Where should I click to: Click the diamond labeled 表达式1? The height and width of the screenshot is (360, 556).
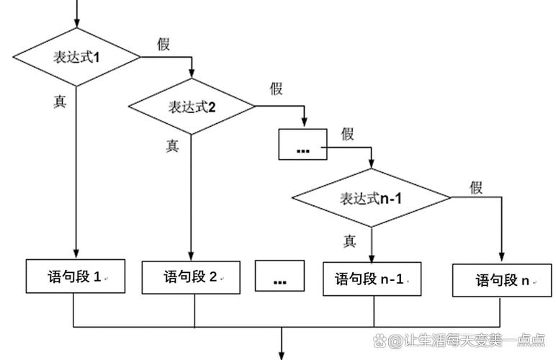tap(76, 57)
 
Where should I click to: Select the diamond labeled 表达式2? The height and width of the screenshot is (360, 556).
tap(192, 107)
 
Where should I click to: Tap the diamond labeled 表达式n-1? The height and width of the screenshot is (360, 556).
tap(372, 197)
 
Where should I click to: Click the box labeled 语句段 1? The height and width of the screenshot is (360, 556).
tap(76, 276)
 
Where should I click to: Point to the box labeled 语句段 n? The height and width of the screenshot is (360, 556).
tap(502, 280)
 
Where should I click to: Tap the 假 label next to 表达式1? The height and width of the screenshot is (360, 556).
tap(164, 44)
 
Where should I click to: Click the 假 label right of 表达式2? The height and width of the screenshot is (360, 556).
tap(277, 89)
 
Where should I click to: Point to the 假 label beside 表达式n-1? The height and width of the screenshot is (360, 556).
tap(476, 188)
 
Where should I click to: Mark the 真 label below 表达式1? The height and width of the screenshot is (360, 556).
tap(60, 102)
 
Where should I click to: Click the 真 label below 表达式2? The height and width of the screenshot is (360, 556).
tap(172, 145)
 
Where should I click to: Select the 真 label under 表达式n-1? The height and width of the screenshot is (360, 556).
tap(349, 241)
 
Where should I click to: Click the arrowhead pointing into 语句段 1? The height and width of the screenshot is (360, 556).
tap(76, 253)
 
